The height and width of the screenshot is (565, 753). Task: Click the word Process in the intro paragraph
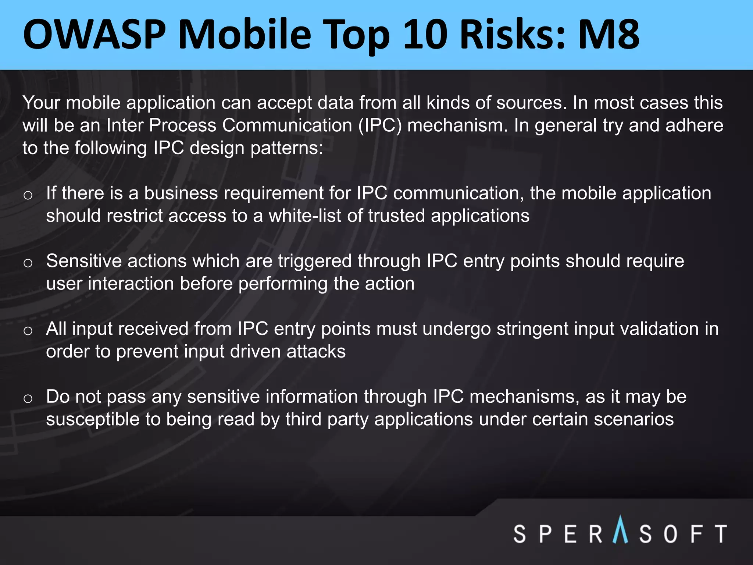click(182, 125)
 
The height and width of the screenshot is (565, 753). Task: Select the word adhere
click(694, 125)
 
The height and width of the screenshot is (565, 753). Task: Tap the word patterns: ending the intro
click(286, 148)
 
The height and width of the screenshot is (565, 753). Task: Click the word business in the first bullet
click(181, 193)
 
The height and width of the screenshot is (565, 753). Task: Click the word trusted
click(396, 216)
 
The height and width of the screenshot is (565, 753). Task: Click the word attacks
click(316, 352)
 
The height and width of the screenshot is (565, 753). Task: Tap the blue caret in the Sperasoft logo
click(621, 529)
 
